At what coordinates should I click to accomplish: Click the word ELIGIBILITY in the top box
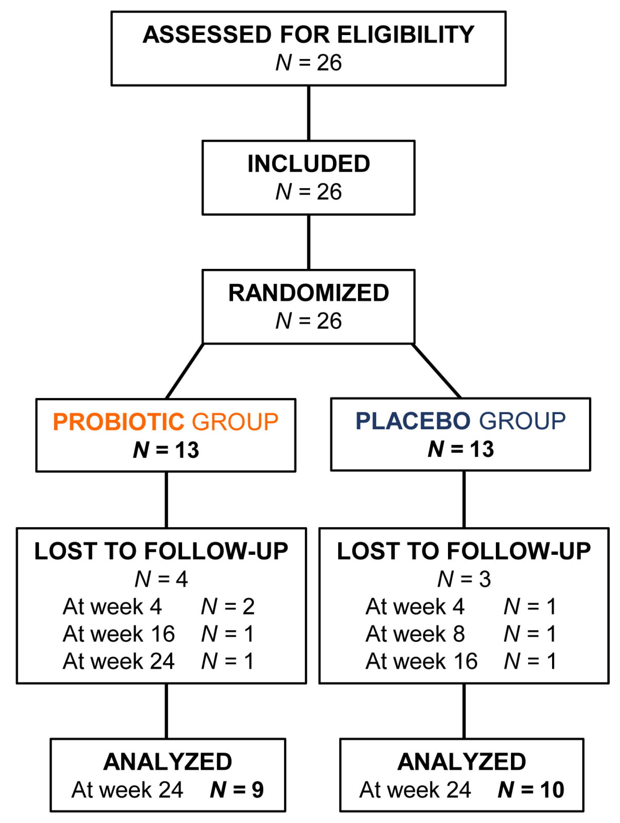coord(405,35)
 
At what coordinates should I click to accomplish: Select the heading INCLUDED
coord(308,164)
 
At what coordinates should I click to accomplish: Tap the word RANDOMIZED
coord(308,293)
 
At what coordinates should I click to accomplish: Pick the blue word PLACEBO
coord(413,421)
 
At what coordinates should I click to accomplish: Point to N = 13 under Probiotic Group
coord(166,450)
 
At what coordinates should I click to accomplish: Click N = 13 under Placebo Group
coord(460,449)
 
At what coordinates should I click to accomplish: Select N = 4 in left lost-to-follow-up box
coord(161,579)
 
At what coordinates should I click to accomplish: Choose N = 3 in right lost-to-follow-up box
coord(464,579)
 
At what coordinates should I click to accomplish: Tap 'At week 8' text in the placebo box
coord(415,634)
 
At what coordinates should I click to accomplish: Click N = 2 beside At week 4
coord(228,607)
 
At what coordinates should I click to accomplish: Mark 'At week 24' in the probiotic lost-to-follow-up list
coord(119,661)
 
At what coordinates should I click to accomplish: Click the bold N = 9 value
coord(237,790)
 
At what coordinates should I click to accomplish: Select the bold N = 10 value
coord(531,790)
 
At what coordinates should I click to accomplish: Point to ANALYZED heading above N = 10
coord(462,762)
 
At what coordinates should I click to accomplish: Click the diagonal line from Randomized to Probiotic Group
coord(185,371)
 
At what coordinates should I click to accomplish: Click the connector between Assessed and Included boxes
coord(308,113)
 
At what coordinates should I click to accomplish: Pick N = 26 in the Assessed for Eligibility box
coord(308,63)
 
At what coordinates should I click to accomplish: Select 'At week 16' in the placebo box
coord(422,661)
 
